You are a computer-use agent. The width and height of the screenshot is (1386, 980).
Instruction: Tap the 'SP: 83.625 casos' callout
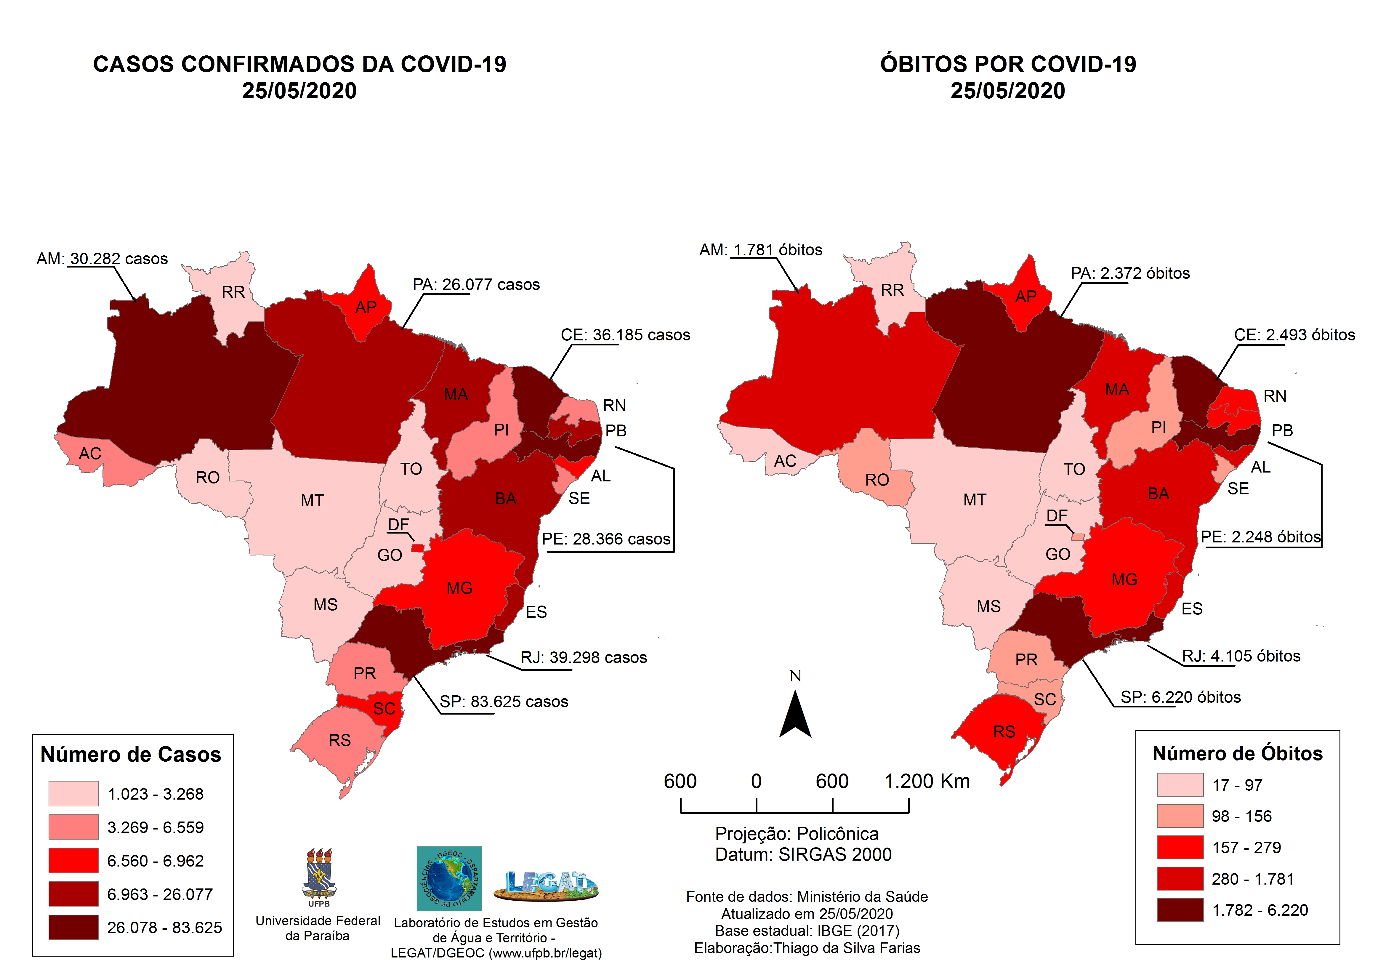tap(504, 702)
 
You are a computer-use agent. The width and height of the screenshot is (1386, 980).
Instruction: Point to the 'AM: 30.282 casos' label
tap(102, 259)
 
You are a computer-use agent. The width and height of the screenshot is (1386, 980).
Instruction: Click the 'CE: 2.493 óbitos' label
tap(1294, 335)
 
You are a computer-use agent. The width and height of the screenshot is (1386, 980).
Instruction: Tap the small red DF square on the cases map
tap(417, 548)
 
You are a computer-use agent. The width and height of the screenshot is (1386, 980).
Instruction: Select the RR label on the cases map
tap(233, 292)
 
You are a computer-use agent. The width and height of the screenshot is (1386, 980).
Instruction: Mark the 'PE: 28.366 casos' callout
tap(606, 539)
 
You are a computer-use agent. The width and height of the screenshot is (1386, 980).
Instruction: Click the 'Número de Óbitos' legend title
tap(1238, 754)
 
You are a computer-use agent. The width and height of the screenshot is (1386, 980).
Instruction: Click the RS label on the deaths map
tap(1004, 732)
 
